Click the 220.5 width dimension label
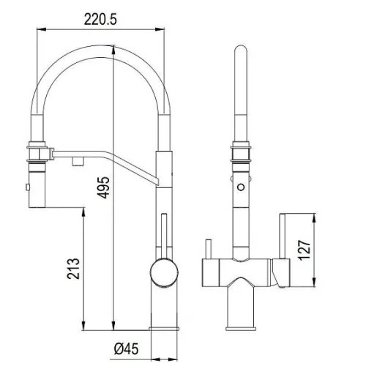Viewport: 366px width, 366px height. tap(100, 19)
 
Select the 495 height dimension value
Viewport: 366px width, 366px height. tap(103, 187)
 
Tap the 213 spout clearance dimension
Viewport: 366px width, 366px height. tap(73, 269)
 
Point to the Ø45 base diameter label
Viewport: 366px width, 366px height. tap(126, 348)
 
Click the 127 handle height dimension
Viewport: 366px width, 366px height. tap(305, 250)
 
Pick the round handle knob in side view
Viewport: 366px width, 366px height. tap(164, 272)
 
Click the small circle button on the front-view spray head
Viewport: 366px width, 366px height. tap(241, 187)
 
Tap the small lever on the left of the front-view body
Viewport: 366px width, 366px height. tap(209, 249)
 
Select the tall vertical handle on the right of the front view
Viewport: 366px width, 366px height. tap(283, 236)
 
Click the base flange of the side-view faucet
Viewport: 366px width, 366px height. tap(164, 329)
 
